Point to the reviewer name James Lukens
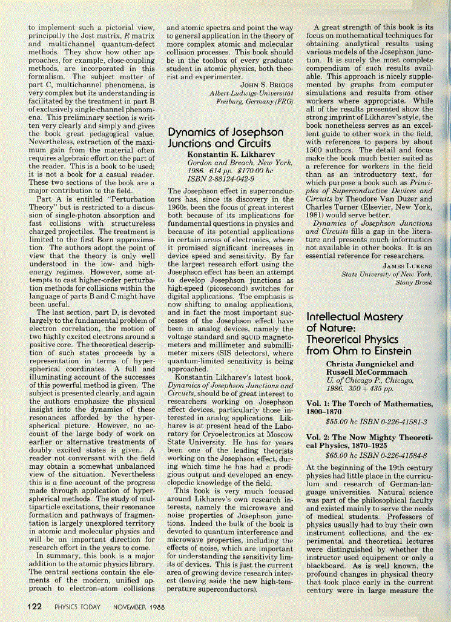pyautogui.click(x=407, y=265)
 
